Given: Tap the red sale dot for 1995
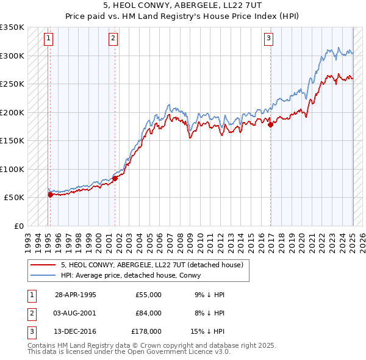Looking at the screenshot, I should [x=50, y=195].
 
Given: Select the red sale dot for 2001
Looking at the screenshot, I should [x=115, y=178].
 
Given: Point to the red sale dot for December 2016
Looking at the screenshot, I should [x=270, y=125].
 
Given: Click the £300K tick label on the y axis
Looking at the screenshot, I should [x=12, y=56].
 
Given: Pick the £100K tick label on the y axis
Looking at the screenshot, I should [x=12, y=169].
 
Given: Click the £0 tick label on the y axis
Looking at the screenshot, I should [x=18, y=226].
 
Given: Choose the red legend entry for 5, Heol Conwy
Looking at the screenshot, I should [x=152, y=265].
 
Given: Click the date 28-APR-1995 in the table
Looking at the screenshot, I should [x=76, y=295].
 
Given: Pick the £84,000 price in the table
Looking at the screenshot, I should [x=148, y=312].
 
